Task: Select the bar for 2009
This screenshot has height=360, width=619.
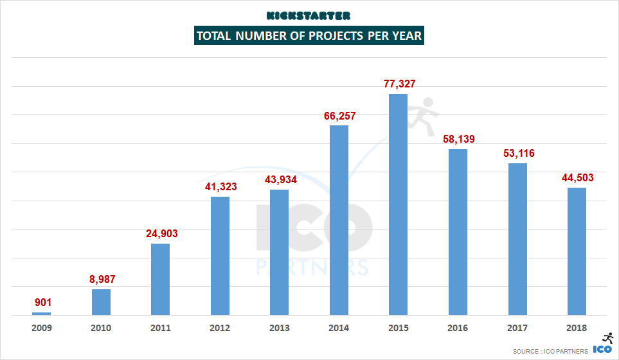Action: point(42,313)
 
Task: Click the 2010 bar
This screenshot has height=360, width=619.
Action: point(101,302)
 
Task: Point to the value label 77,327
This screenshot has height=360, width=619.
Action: point(399,84)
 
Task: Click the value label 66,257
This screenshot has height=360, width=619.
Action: point(339,116)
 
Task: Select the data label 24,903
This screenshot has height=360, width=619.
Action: point(161,234)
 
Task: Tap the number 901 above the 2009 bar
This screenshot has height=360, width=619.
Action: point(42,303)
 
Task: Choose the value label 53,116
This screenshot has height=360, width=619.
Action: point(517,154)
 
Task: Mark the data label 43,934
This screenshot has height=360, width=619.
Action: point(280,180)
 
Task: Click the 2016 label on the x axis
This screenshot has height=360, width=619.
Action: point(458,328)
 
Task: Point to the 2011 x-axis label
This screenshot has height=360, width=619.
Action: point(161,328)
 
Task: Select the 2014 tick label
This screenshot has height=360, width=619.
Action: point(339,328)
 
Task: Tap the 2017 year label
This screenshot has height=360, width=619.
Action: point(517,328)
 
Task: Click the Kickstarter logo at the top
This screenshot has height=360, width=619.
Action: point(309,15)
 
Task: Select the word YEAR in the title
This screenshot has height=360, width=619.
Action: point(407,36)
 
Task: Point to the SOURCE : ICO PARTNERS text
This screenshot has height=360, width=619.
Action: point(550,351)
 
